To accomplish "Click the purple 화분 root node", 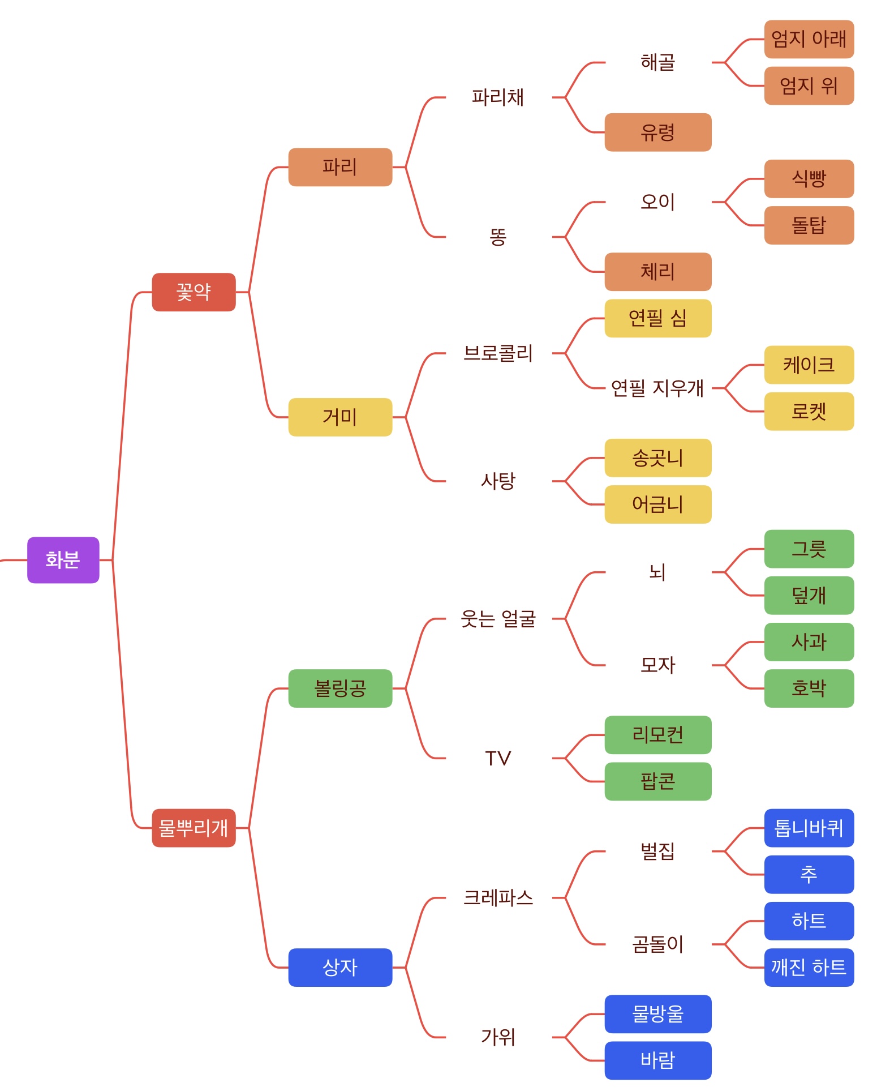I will tap(63, 559).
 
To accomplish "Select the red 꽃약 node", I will tap(194, 292).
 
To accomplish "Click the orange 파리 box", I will tap(340, 166).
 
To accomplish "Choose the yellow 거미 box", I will tap(340, 417).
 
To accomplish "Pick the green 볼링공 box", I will tap(340, 688).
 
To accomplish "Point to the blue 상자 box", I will tap(340, 967).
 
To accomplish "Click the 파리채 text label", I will tap(498, 97).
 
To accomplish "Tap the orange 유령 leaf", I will tap(657, 132).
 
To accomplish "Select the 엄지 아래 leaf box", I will tap(809, 39).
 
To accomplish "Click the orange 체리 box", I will tap(657, 271).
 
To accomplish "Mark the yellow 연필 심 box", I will tap(657, 318).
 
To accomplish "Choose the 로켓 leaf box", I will tap(809, 411).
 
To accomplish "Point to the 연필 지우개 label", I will tap(657, 388).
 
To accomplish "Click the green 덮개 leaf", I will tap(809, 595).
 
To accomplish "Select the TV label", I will tap(498, 758).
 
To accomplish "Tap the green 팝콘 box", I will tap(657, 781).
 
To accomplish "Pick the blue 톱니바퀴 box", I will tap(809, 828).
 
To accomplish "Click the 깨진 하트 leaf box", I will tap(809, 967).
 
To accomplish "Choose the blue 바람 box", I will tap(657, 1060).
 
